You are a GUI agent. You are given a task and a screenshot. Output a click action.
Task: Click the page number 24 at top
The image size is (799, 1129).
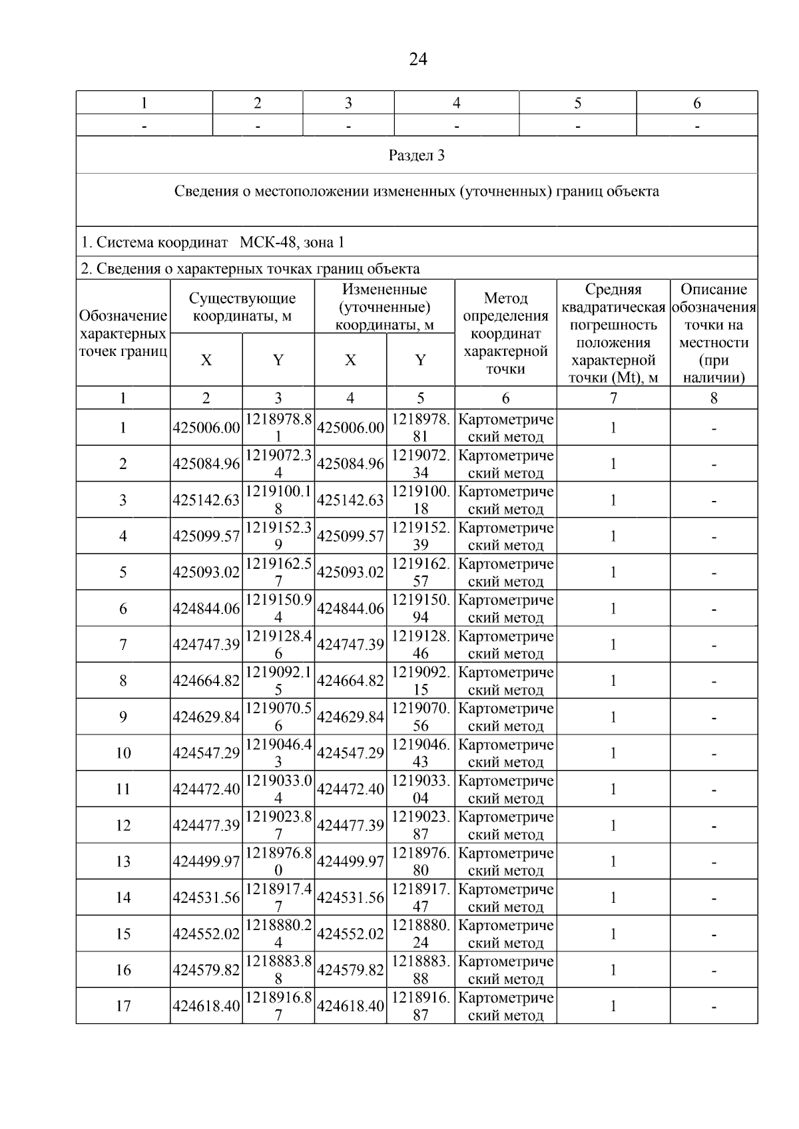click(x=417, y=59)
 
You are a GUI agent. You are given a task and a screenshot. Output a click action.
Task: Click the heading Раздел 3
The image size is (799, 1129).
click(x=417, y=156)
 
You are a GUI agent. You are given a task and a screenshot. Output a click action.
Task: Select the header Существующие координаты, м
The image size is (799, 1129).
click(x=242, y=307)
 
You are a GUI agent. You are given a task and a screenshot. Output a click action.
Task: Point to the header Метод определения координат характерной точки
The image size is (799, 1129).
click(x=505, y=333)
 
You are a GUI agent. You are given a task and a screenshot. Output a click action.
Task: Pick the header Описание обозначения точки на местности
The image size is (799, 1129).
click(x=714, y=333)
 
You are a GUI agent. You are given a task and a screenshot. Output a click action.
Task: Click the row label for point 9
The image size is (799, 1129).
click(x=123, y=717)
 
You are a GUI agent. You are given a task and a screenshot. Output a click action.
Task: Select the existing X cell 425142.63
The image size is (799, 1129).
click(x=206, y=500)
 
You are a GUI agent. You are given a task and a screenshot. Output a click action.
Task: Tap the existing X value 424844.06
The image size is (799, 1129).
click(x=206, y=609)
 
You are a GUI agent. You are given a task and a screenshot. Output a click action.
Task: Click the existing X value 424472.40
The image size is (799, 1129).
click(x=206, y=790)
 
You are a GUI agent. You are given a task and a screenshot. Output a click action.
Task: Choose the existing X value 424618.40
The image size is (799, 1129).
click(x=206, y=1007)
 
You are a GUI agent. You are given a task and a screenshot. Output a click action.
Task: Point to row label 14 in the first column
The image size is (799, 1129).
click(x=123, y=898)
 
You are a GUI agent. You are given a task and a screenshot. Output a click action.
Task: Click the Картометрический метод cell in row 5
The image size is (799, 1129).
click(x=506, y=573)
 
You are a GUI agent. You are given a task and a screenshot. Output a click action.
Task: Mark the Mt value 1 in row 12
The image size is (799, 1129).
click(x=613, y=826)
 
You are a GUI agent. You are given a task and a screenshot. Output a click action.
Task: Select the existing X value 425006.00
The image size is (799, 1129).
click(x=206, y=428)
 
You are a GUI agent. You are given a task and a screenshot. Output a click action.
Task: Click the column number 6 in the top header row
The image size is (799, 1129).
click(x=697, y=103)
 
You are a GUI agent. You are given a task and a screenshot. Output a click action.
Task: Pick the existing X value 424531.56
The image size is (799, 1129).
click(x=206, y=898)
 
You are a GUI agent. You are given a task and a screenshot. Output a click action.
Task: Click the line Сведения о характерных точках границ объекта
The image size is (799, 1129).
click(x=250, y=269)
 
